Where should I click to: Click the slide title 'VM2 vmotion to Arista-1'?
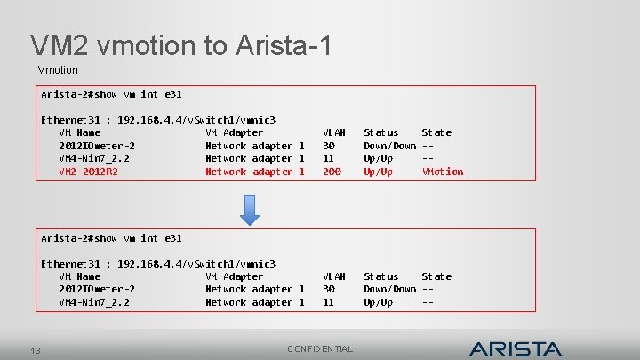pos(181,45)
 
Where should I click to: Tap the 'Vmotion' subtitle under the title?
pos(58,69)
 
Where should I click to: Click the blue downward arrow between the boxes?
pos(251,207)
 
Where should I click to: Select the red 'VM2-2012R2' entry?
pos(88,172)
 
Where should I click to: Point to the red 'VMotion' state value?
pos(442,172)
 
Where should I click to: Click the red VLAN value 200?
pos(332,172)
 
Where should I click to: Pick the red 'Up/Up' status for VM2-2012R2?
pos(378,172)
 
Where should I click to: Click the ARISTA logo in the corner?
pos(516,348)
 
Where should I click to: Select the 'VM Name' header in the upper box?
pos(79,132)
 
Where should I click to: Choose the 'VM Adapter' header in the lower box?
pos(234,276)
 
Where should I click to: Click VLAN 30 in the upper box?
pos(328,146)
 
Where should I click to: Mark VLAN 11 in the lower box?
pos(328,302)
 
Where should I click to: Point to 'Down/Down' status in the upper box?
pos(389,146)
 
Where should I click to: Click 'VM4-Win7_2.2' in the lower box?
pos(94,302)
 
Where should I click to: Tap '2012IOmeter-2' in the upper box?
pos(97,146)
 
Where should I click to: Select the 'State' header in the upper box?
pos(436,132)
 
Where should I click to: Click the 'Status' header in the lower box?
pos(380,276)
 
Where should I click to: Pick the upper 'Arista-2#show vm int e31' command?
pos(111,94)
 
